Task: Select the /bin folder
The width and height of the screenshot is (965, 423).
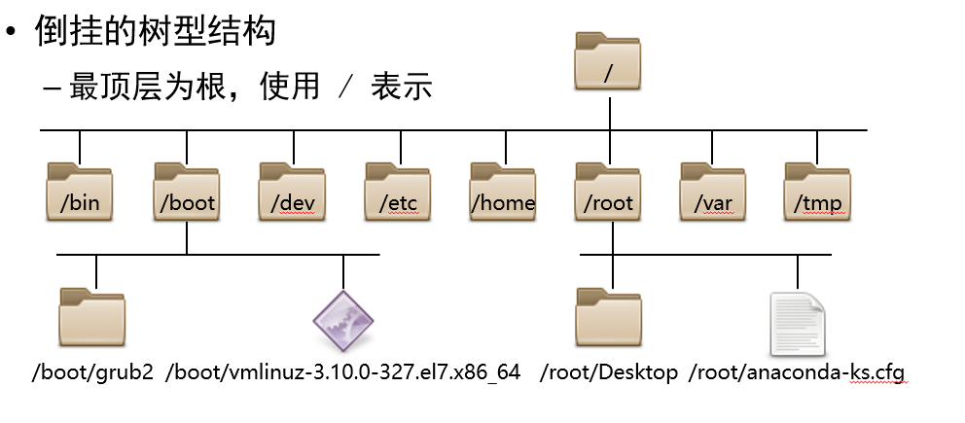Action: coord(80,192)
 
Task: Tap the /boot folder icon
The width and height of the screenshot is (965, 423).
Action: coord(186,192)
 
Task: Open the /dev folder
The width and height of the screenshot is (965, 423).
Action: coord(292,192)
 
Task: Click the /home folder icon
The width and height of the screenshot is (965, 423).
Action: coord(503,192)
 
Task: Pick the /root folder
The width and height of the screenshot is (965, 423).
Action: coord(608,192)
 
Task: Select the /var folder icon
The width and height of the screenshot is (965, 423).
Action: coord(713,192)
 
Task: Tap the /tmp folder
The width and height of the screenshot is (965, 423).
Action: coord(818,192)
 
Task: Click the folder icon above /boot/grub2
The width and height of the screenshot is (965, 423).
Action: coord(92,317)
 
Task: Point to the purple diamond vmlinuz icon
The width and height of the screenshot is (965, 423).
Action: coord(343,321)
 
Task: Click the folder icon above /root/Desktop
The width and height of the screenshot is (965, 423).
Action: coord(609,317)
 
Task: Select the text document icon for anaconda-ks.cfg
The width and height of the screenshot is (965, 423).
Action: coord(798,323)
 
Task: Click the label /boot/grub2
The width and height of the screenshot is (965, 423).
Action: coord(92,372)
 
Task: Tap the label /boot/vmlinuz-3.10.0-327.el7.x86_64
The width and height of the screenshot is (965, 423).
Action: coord(343,372)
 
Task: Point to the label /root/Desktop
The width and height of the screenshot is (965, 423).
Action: coord(609,372)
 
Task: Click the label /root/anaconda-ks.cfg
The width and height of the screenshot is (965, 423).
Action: coord(798,372)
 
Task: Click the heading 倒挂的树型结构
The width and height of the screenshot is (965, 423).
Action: coord(156,31)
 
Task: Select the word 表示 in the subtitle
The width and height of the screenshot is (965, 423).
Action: coord(401,87)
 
